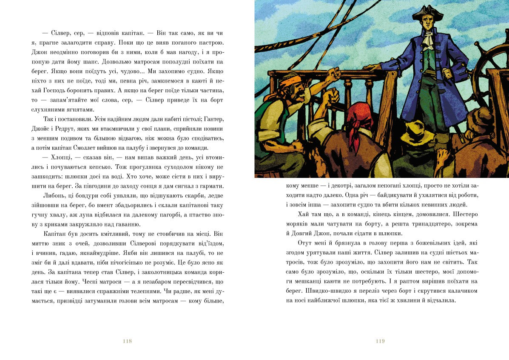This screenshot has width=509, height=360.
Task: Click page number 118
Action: point(127,341)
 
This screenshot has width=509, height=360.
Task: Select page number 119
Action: point(380,341)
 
